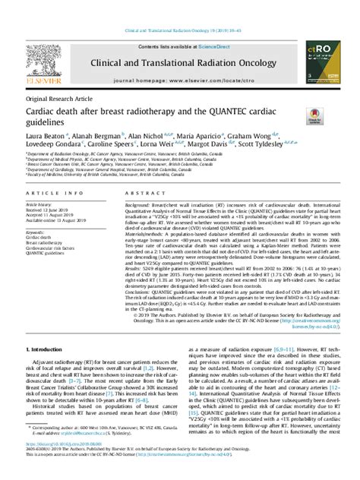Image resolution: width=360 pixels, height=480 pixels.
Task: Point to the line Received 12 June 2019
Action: (x=47, y=210)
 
